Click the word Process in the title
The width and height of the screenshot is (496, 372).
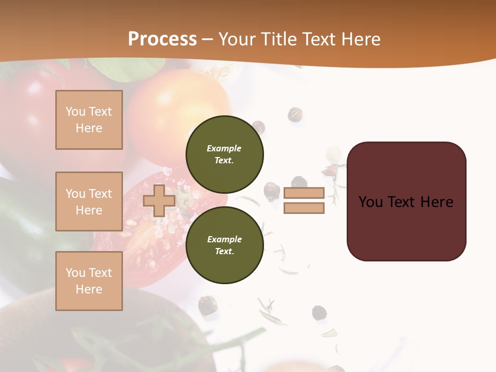tap(162, 39)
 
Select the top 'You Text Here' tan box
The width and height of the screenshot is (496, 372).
tap(89, 120)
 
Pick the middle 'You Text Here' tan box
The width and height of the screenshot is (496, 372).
tap(89, 202)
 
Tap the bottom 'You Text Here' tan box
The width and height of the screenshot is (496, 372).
tap(89, 281)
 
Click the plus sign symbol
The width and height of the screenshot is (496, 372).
tap(159, 201)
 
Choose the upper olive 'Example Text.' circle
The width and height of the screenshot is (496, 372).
tap(224, 154)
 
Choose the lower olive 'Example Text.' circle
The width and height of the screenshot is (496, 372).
tap(224, 245)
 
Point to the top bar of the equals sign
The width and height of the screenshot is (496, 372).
tap(304, 193)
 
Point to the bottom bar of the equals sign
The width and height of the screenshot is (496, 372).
tap(304, 208)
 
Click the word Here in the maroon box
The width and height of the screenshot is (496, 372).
tap(437, 202)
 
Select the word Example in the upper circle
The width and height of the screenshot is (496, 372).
tap(224, 148)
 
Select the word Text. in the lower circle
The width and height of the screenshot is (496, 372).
tap(224, 251)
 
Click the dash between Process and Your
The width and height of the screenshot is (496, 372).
tap(208, 39)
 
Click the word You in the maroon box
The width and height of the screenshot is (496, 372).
tap(371, 202)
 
